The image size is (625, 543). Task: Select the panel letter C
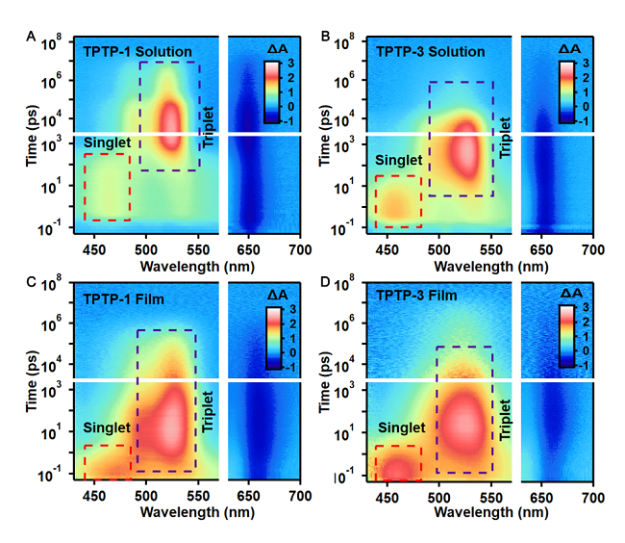point(32,282)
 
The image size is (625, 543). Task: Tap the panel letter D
point(325,282)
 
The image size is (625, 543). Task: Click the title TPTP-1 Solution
point(137,51)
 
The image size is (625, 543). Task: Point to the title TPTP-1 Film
point(123,298)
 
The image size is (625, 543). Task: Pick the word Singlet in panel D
point(401,427)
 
